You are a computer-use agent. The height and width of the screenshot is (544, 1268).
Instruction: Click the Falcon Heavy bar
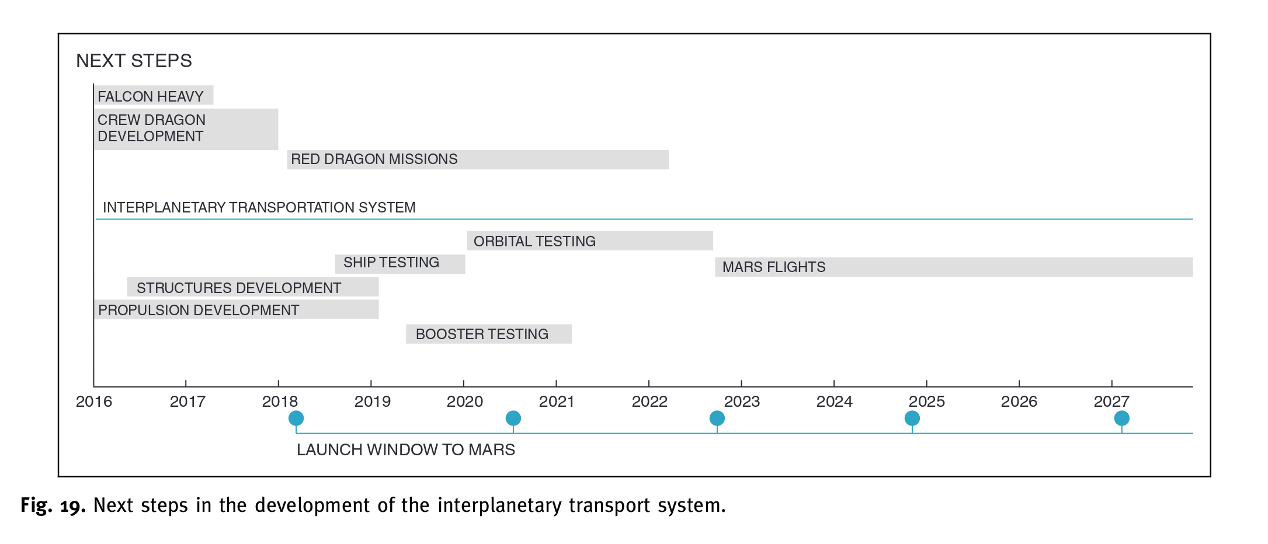pyautogui.click(x=154, y=96)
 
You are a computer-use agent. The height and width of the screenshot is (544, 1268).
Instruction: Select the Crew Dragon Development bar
pyautogui.click(x=186, y=128)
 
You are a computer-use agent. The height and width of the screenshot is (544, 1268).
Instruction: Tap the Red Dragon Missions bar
pyautogui.click(x=477, y=159)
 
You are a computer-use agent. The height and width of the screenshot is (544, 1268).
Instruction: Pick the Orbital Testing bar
pyautogui.click(x=589, y=241)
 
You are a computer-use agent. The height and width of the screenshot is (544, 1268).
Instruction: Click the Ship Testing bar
pyautogui.click(x=399, y=263)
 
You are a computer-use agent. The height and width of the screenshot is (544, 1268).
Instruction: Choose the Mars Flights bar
pyautogui.click(x=953, y=267)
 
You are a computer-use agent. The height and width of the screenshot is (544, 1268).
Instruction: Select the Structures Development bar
pyautogui.click(x=252, y=287)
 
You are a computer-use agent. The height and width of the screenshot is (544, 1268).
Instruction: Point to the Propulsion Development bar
pyautogui.click(x=236, y=309)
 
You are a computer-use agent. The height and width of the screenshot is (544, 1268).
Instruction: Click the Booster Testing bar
pyautogui.click(x=488, y=334)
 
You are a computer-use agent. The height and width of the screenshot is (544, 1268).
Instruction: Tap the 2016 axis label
pyautogui.click(x=94, y=402)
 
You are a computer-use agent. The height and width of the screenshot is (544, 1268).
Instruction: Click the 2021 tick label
pyautogui.click(x=557, y=402)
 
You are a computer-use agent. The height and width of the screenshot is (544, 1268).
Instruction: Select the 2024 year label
pyautogui.click(x=834, y=402)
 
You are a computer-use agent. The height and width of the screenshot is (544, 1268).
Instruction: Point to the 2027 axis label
pyautogui.click(x=1111, y=402)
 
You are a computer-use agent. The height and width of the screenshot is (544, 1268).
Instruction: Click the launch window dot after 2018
pyautogui.click(x=296, y=418)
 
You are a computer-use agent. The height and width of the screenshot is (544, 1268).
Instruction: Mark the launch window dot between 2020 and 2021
pyautogui.click(x=513, y=418)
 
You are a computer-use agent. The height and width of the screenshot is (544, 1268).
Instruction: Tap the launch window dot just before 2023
pyautogui.click(x=717, y=418)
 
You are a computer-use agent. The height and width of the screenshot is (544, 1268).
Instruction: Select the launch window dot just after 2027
pyautogui.click(x=1121, y=418)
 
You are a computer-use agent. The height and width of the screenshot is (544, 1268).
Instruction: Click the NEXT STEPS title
pyautogui.click(x=134, y=61)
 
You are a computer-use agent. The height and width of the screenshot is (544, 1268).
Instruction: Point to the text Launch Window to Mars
pyautogui.click(x=405, y=449)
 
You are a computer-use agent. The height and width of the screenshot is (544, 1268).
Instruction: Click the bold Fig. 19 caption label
pyautogui.click(x=53, y=505)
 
